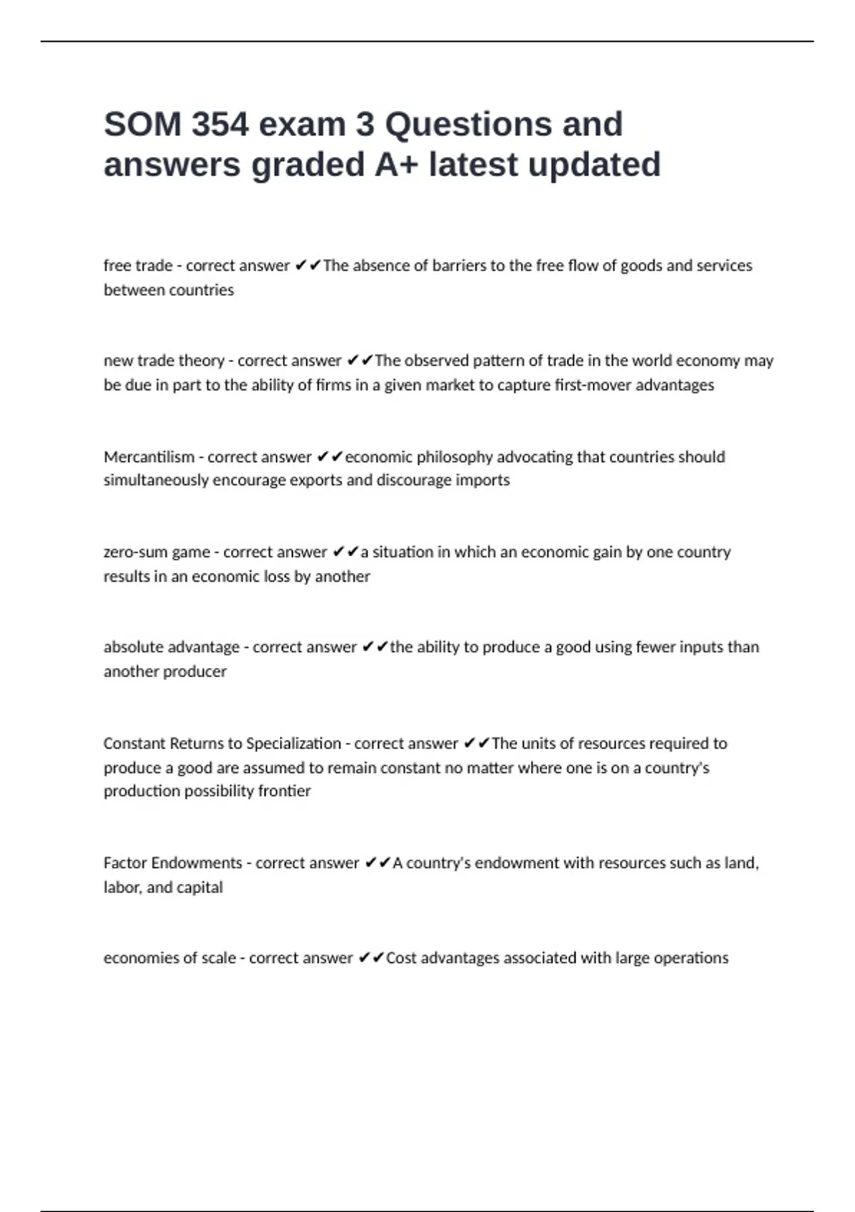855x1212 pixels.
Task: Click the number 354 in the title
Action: click(x=219, y=125)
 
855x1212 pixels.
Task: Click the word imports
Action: click(x=482, y=481)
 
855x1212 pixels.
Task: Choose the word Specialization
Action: click(x=293, y=744)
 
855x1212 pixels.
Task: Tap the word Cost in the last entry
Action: click(x=400, y=958)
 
